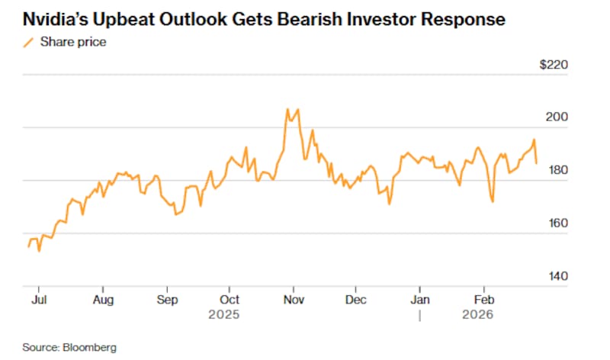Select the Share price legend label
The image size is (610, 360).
tap(74, 42)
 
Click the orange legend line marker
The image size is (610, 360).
tap(29, 42)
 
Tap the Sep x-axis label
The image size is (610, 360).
tap(167, 300)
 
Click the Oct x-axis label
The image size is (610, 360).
tap(230, 300)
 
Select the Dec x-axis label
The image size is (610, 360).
tap(355, 300)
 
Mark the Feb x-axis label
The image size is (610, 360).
tap(483, 300)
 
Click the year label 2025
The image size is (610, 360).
tap(225, 314)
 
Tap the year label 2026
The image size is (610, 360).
tap(478, 314)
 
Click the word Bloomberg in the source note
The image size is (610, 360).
tap(90, 347)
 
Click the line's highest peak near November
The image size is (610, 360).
tap(287, 109)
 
